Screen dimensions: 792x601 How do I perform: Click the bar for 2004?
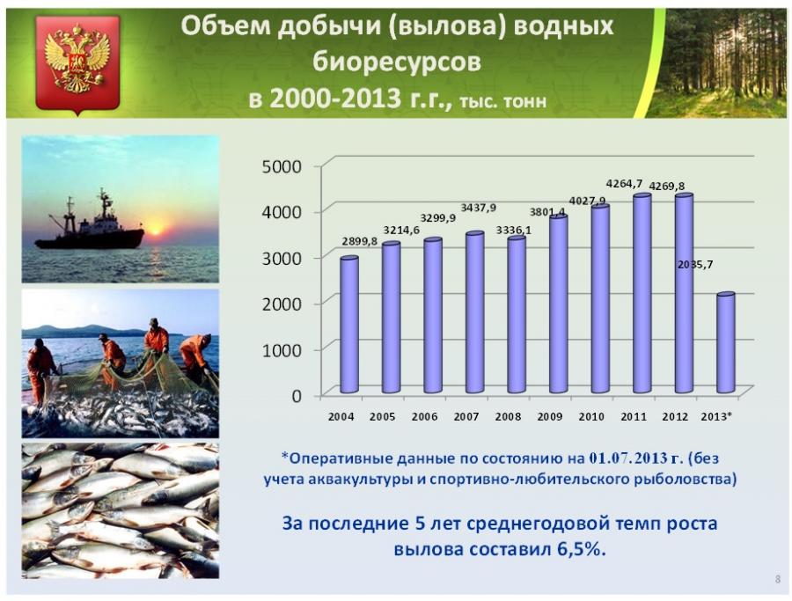(x=349, y=325)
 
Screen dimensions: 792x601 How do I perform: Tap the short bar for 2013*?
(x=726, y=342)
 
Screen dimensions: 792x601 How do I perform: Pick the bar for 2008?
(x=517, y=314)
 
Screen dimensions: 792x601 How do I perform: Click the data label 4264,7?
(x=624, y=184)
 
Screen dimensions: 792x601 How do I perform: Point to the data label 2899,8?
(x=359, y=241)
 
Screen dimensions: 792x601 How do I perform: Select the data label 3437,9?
(x=479, y=208)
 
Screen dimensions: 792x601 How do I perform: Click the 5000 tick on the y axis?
(x=282, y=166)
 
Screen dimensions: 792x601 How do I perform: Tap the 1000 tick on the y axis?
(x=282, y=350)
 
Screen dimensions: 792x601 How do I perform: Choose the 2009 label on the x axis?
(x=549, y=417)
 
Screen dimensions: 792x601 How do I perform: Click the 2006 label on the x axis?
(x=424, y=417)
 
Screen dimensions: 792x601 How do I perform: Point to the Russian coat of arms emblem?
(x=77, y=64)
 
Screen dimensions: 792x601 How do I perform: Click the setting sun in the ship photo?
(x=155, y=231)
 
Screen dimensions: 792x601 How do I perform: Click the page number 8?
(x=778, y=580)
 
